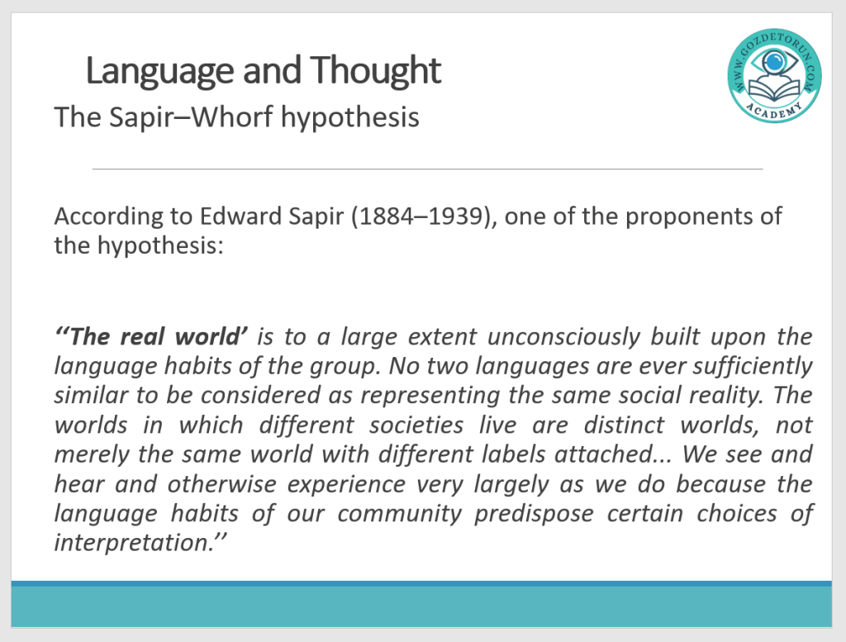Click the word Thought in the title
coord(375,71)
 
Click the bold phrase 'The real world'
coord(151,336)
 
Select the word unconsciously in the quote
coord(563,336)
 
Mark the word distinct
coord(624,425)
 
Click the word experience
coord(346,485)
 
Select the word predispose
coord(534,514)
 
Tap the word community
coord(399,514)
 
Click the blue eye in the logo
coord(774,60)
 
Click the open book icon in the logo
coord(774,89)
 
